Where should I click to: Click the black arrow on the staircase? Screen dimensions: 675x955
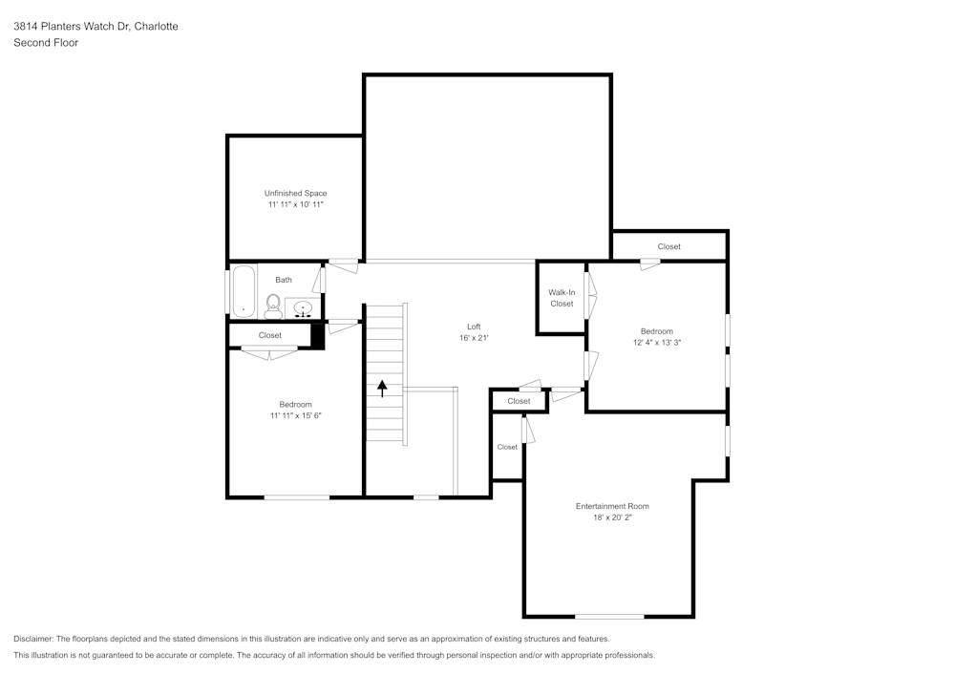383,389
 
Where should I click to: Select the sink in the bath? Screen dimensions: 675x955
304,308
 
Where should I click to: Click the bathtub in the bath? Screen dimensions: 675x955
244,290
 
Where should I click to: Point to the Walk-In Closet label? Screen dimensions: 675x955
562,298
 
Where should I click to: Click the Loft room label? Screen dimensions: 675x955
474,327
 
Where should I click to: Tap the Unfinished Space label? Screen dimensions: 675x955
295,193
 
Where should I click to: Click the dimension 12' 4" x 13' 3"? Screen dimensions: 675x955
656,343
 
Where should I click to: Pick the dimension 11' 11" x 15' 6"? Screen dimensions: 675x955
295,415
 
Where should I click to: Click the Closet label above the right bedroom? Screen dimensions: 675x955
669,246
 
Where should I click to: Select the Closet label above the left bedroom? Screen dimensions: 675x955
270,335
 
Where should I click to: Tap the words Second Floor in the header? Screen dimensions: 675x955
46,43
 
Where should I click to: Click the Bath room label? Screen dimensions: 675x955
284,280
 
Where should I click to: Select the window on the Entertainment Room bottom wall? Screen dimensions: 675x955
608,616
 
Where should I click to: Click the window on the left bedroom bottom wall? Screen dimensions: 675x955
297,496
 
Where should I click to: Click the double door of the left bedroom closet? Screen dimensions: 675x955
269,354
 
